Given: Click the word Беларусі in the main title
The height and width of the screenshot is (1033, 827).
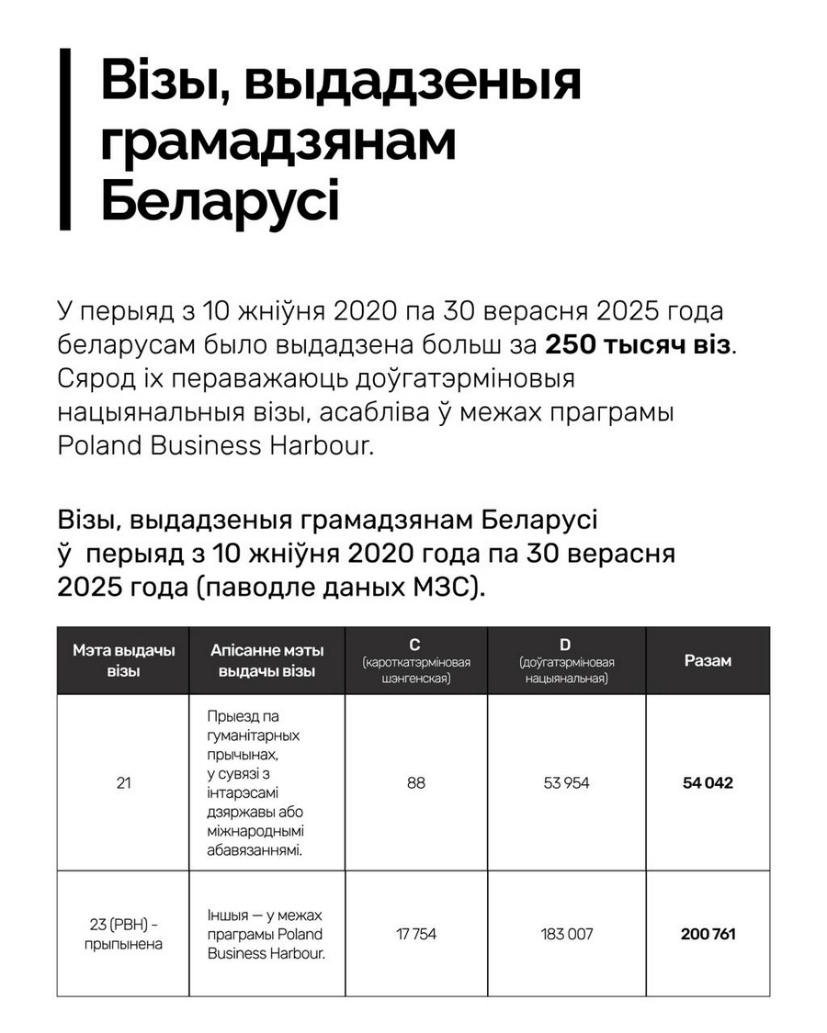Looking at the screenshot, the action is pyautogui.click(x=220, y=202).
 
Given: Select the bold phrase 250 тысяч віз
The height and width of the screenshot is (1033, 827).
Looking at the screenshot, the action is pyautogui.click(x=640, y=344).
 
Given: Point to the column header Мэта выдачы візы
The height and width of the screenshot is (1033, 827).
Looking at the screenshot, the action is pyautogui.click(x=123, y=660).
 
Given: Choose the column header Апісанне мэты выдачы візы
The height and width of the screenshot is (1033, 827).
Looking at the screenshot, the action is pyautogui.click(x=266, y=660).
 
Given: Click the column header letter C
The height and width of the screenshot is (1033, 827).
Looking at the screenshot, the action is pyautogui.click(x=416, y=646).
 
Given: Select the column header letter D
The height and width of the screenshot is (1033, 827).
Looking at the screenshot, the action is pyautogui.click(x=566, y=646).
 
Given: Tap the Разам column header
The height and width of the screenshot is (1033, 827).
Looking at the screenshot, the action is pyautogui.click(x=708, y=660).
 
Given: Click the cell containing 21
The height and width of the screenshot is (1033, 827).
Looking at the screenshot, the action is pyautogui.click(x=123, y=783).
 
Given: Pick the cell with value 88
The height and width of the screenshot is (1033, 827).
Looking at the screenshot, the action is pyautogui.click(x=416, y=783).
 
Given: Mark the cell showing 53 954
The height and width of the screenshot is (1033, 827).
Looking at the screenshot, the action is pyautogui.click(x=566, y=783).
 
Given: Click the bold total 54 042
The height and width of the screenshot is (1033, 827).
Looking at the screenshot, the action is pyautogui.click(x=708, y=783).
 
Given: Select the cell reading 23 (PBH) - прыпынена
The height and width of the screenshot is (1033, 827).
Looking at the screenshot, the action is pyautogui.click(x=123, y=934).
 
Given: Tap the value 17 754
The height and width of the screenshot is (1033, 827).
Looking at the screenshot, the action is pyautogui.click(x=416, y=934).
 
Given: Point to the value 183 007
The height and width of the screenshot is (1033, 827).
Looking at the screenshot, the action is pyautogui.click(x=566, y=934).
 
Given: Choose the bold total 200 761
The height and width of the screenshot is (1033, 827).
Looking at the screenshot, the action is pyautogui.click(x=708, y=934).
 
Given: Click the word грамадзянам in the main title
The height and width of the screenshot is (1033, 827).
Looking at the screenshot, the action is pyautogui.click(x=278, y=142).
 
